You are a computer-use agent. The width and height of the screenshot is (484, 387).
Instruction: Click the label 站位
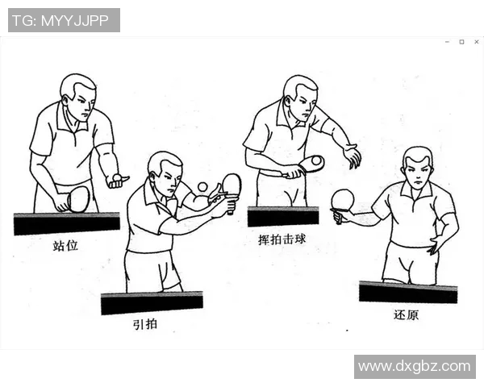point(65,245)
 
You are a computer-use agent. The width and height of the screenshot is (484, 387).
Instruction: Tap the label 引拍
point(145,325)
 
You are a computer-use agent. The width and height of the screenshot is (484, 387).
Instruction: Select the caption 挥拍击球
point(283,239)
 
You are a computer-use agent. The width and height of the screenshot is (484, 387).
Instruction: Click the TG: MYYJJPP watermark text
point(64,20)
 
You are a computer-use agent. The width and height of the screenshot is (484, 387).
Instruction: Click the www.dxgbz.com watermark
point(414,367)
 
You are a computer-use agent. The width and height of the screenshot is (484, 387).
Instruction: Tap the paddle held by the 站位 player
point(78,198)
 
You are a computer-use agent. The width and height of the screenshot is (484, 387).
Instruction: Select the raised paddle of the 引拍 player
point(232,185)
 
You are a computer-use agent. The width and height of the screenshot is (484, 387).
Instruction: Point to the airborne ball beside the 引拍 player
point(202,186)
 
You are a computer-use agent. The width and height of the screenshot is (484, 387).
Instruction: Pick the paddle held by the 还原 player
point(343,200)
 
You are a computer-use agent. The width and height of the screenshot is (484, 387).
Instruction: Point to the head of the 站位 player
point(78,95)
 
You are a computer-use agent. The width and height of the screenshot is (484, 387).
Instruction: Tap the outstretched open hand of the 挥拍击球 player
point(352,156)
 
